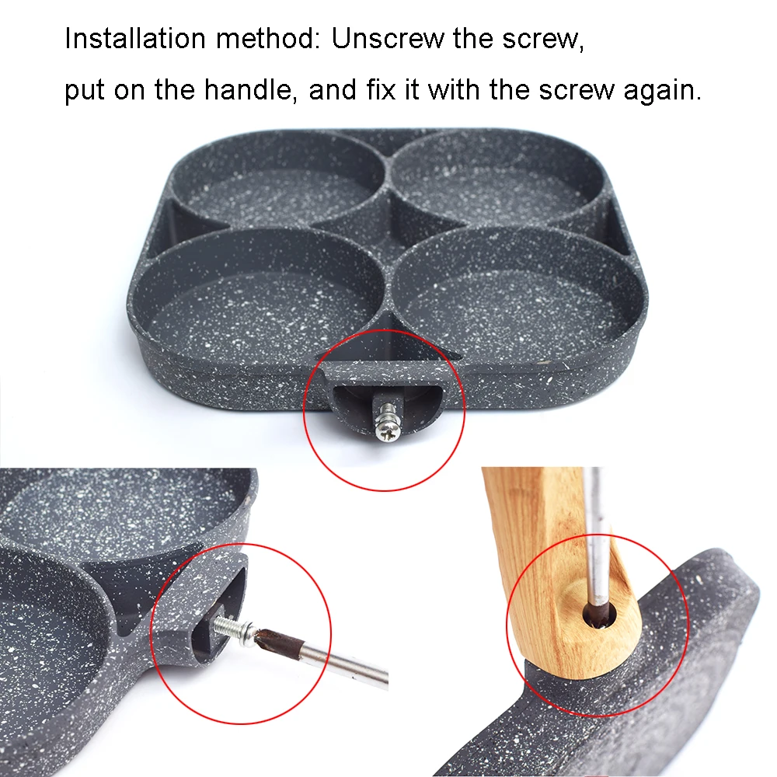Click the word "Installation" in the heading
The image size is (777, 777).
pos(134,39)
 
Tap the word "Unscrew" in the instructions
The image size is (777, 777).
pos(388,39)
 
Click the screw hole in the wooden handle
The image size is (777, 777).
pos(601,616)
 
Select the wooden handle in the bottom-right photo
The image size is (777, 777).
pos(560,570)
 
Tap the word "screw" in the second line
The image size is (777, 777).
pos(577,90)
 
